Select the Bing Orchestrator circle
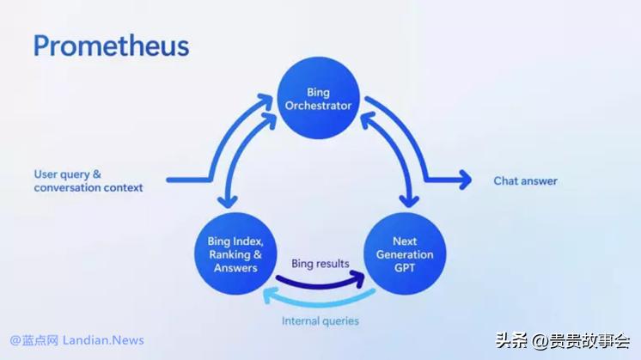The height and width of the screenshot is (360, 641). click(318, 99)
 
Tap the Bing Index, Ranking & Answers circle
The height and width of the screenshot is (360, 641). click(235, 254)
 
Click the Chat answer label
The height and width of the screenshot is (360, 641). click(525, 181)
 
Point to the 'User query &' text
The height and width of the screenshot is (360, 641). click(68, 174)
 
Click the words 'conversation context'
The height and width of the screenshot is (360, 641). click(89, 187)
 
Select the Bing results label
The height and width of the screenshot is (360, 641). click(320, 263)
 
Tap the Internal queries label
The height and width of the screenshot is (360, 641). click(320, 320)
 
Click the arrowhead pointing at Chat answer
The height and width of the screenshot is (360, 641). click(465, 180)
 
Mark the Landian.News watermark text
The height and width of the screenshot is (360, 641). click(104, 341)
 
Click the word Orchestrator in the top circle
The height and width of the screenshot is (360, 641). click(318, 106)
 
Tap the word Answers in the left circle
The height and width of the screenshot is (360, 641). click(235, 267)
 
